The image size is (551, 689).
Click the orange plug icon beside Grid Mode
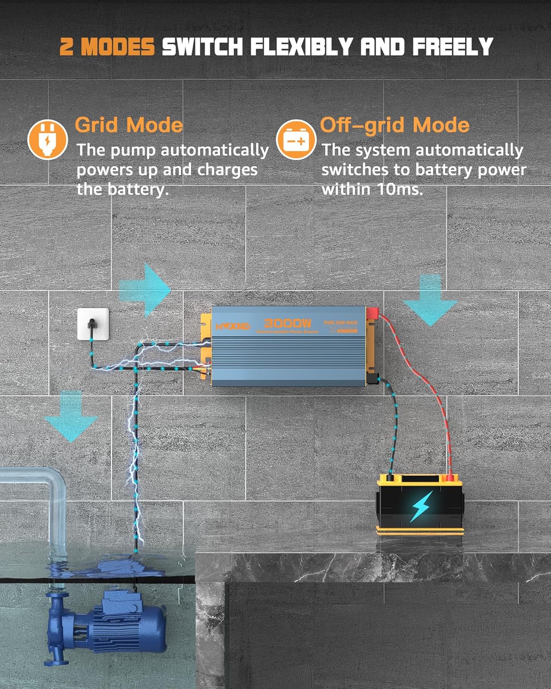(x=47, y=139)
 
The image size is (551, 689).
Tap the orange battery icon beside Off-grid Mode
(x=296, y=139)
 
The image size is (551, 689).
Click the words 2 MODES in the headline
(x=107, y=47)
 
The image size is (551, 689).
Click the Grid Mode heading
(x=129, y=125)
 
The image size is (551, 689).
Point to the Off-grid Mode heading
(x=394, y=125)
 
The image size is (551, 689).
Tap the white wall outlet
(x=93, y=324)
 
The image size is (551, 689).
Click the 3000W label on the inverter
(x=287, y=323)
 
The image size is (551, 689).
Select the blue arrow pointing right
(x=146, y=290)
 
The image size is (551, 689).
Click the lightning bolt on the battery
(x=421, y=506)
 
